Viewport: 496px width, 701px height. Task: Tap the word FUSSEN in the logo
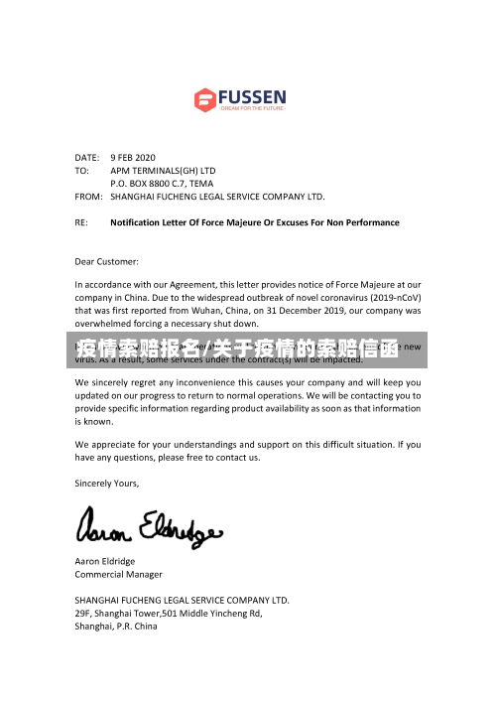coord(252,96)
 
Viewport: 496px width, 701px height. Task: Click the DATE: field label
coord(87,157)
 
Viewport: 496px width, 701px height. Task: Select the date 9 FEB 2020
coord(133,157)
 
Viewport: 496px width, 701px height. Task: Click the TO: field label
coord(82,170)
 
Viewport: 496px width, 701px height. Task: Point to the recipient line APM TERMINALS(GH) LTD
coord(162,170)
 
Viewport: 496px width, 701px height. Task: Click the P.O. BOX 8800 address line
coord(161,183)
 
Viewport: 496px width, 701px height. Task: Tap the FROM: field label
coord(89,197)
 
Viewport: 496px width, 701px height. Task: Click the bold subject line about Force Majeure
coord(255,222)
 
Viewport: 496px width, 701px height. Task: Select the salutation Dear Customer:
coord(107,261)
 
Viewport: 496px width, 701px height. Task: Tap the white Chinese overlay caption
coord(248,350)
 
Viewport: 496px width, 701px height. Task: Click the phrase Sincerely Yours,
coord(107,484)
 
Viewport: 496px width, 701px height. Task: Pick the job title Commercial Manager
coord(119,574)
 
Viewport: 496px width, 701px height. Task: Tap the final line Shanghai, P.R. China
coord(116,627)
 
